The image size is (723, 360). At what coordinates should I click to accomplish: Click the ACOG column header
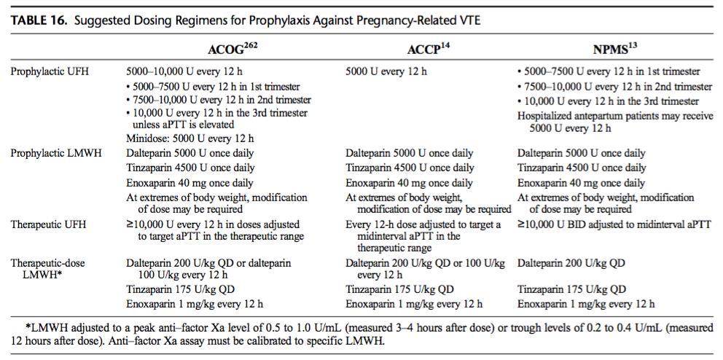tap(232, 50)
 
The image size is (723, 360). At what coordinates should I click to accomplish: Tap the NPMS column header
tap(611, 50)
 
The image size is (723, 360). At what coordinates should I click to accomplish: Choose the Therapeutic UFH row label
tap(48, 224)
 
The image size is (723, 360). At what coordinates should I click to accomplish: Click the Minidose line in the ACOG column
tap(190, 138)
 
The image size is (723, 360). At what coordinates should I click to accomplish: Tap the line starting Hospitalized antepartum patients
tap(615, 116)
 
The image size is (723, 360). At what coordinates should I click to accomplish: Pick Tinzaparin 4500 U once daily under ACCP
tap(410, 168)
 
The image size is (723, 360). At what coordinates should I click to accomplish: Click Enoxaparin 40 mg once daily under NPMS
tap(581, 183)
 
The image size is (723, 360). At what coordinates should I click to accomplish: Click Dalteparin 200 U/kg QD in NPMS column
tap(571, 263)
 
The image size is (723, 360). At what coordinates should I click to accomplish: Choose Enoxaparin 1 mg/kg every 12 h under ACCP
tap(414, 304)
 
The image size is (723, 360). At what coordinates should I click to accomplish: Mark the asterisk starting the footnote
tap(28, 326)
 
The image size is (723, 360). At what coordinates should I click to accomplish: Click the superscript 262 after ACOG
tap(249, 47)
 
